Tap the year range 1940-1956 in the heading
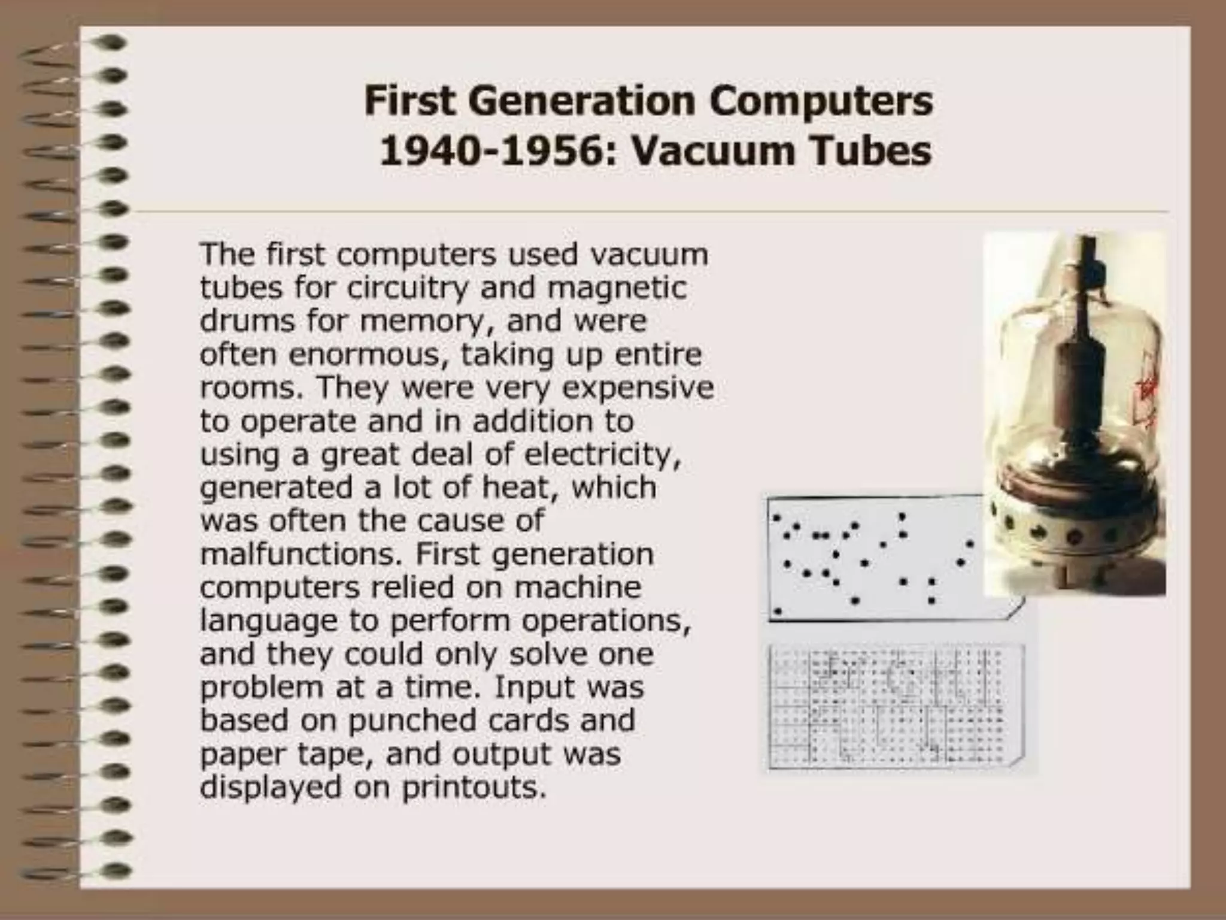point(489,152)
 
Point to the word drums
point(247,321)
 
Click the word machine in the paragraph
point(578,588)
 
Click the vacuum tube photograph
point(1075,413)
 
